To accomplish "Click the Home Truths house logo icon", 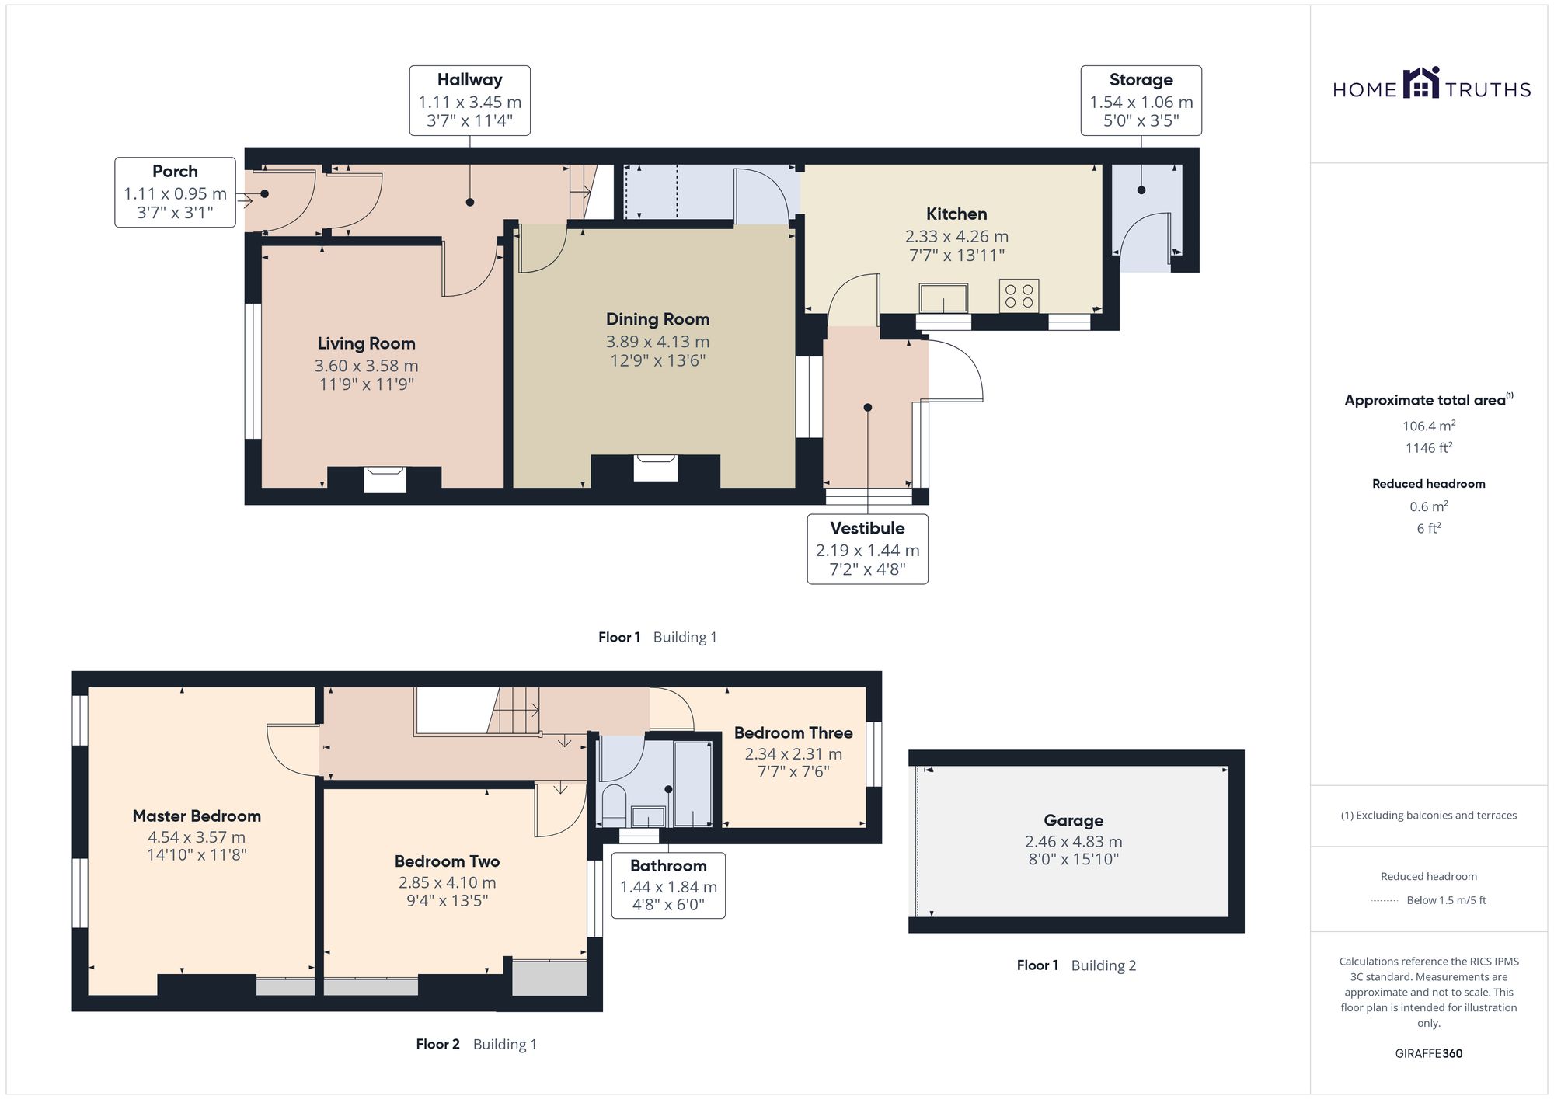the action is click(1421, 82).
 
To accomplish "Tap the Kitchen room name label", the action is click(956, 214).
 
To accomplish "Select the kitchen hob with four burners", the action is click(1019, 296).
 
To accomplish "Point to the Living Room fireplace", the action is click(385, 478).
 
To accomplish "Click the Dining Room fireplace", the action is click(656, 468).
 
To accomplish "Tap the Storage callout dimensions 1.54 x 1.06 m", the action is click(1141, 103).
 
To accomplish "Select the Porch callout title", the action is click(175, 172).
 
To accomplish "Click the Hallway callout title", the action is click(469, 80).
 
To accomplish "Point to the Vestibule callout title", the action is click(867, 528).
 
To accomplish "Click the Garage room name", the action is click(1073, 821).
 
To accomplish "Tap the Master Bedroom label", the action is click(197, 816).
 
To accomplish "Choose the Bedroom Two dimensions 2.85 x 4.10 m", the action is click(447, 883).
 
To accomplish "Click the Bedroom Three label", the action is click(793, 733).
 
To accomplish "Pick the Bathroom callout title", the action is click(668, 866).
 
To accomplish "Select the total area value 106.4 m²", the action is click(1428, 426).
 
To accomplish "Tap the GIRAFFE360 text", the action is click(1428, 1054).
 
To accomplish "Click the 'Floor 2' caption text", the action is click(437, 1045).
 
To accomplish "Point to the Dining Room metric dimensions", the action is click(657, 342).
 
